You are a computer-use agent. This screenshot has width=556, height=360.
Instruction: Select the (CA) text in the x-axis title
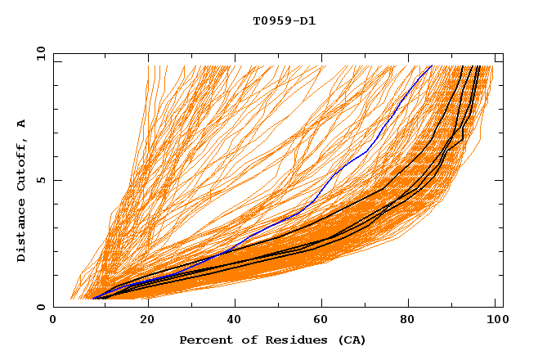pyautogui.click(x=352, y=340)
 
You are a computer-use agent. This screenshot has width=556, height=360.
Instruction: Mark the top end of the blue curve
pyautogui.click(x=432, y=66)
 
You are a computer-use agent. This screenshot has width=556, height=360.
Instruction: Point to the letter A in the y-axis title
pyautogui.click(x=21, y=124)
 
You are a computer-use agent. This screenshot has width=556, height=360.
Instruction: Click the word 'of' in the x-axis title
pyautogui.click(x=242, y=340)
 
